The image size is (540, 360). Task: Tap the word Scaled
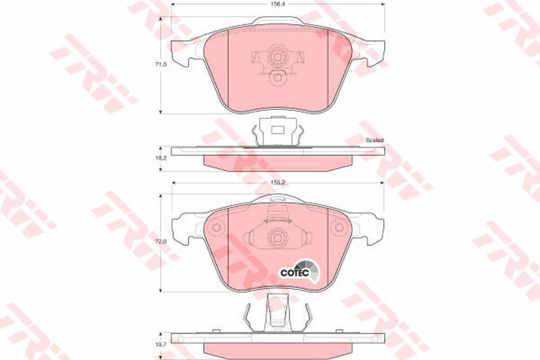point(375,140)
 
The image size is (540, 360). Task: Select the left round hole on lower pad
point(216,227)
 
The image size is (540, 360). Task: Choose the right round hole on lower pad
point(340,227)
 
